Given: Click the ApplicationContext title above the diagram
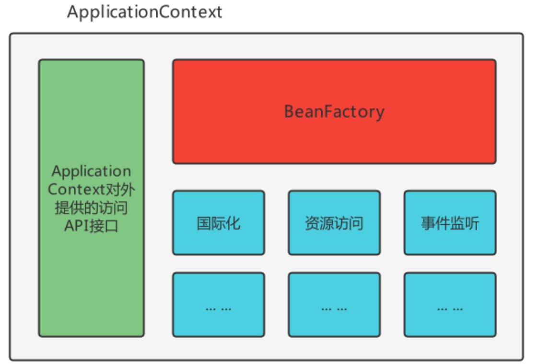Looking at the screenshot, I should pyautogui.click(x=144, y=12).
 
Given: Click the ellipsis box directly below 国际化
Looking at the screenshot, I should pyautogui.click(x=218, y=305).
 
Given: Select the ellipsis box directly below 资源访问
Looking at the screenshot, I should pyautogui.click(x=334, y=305).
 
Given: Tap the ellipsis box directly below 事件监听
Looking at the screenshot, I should pyautogui.click(x=450, y=305).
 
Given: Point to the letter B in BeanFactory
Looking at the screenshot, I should pyautogui.click(x=289, y=112).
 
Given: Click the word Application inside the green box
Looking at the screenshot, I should pyautogui.click(x=91, y=171).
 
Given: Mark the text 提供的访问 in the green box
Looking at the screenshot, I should pyautogui.click(x=91, y=207).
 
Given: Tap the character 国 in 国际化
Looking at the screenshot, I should pyautogui.click(x=204, y=223).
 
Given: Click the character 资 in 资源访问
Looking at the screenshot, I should pyautogui.click(x=312, y=223).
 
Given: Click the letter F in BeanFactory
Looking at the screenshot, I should pyautogui.click(x=327, y=112).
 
